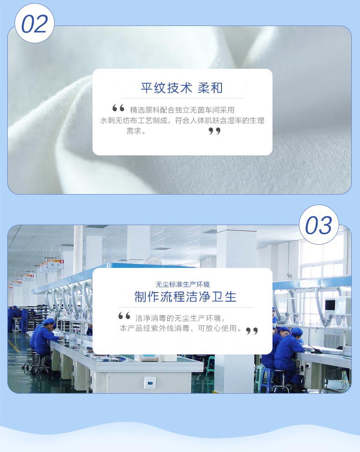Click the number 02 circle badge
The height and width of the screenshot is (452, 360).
[35, 23]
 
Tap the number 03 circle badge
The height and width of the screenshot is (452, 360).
[319, 225]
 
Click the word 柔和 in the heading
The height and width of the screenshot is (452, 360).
[210, 88]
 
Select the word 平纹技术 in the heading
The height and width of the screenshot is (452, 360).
[166, 88]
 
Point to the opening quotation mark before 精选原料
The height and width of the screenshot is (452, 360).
[118, 108]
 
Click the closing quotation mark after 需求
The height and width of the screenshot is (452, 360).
[215, 131]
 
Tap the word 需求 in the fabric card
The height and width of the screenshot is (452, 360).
[134, 131]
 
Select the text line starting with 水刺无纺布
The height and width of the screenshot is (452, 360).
[182, 120]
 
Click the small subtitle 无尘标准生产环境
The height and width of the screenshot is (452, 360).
[182, 284]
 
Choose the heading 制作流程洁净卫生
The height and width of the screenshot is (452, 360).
[185, 297]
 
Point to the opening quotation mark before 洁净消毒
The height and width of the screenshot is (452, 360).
[124, 316]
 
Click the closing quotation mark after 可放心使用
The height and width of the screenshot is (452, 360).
[252, 331]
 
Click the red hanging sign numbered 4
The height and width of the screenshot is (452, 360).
[55, 264]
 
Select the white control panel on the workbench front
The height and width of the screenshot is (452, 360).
[150, 383]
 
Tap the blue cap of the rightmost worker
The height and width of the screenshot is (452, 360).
[297, 332]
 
